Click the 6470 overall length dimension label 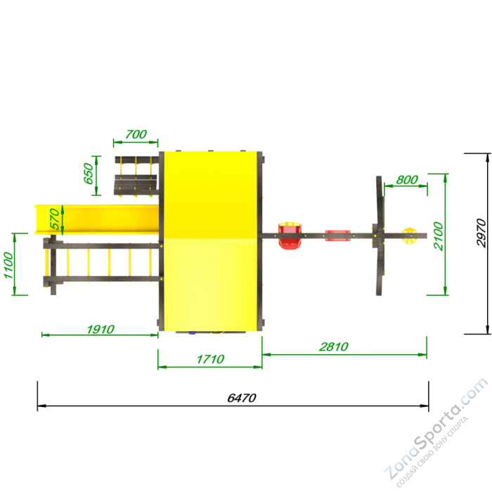242,398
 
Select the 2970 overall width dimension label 481,233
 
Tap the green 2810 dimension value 334,347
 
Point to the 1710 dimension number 210,359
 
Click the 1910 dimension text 101,330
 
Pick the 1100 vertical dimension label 8,265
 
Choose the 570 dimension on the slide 55,219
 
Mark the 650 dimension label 89,174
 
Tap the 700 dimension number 136,134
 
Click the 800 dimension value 407,180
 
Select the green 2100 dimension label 439,236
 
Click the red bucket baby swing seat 290,235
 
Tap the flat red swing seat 337,235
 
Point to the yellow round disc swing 410,235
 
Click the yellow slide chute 97,219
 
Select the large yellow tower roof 210,241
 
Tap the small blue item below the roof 192,333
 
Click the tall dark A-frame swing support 380,235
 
